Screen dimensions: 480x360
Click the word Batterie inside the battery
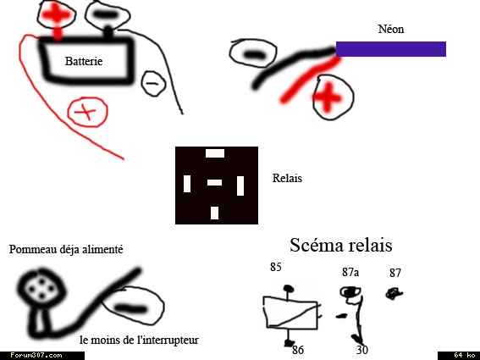84,61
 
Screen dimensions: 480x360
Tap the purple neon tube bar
391,49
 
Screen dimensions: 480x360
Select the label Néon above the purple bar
391,29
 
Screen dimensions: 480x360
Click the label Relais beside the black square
287,178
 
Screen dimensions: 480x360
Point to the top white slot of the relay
215,153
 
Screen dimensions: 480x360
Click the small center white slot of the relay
214,183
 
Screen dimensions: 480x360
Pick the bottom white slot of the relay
214,213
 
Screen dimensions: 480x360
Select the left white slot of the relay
187,184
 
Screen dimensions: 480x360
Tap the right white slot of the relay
240,186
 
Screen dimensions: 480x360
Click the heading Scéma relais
341,245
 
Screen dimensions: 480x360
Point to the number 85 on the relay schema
275,267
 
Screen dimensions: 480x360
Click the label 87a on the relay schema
350,272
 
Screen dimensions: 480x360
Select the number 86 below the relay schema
298,350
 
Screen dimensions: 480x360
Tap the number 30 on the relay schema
362,350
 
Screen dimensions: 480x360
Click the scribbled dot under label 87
394,294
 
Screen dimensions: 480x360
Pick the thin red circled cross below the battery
87,112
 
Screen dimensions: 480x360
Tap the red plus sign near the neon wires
328,97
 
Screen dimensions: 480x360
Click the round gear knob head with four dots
41,288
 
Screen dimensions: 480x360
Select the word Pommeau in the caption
28,249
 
